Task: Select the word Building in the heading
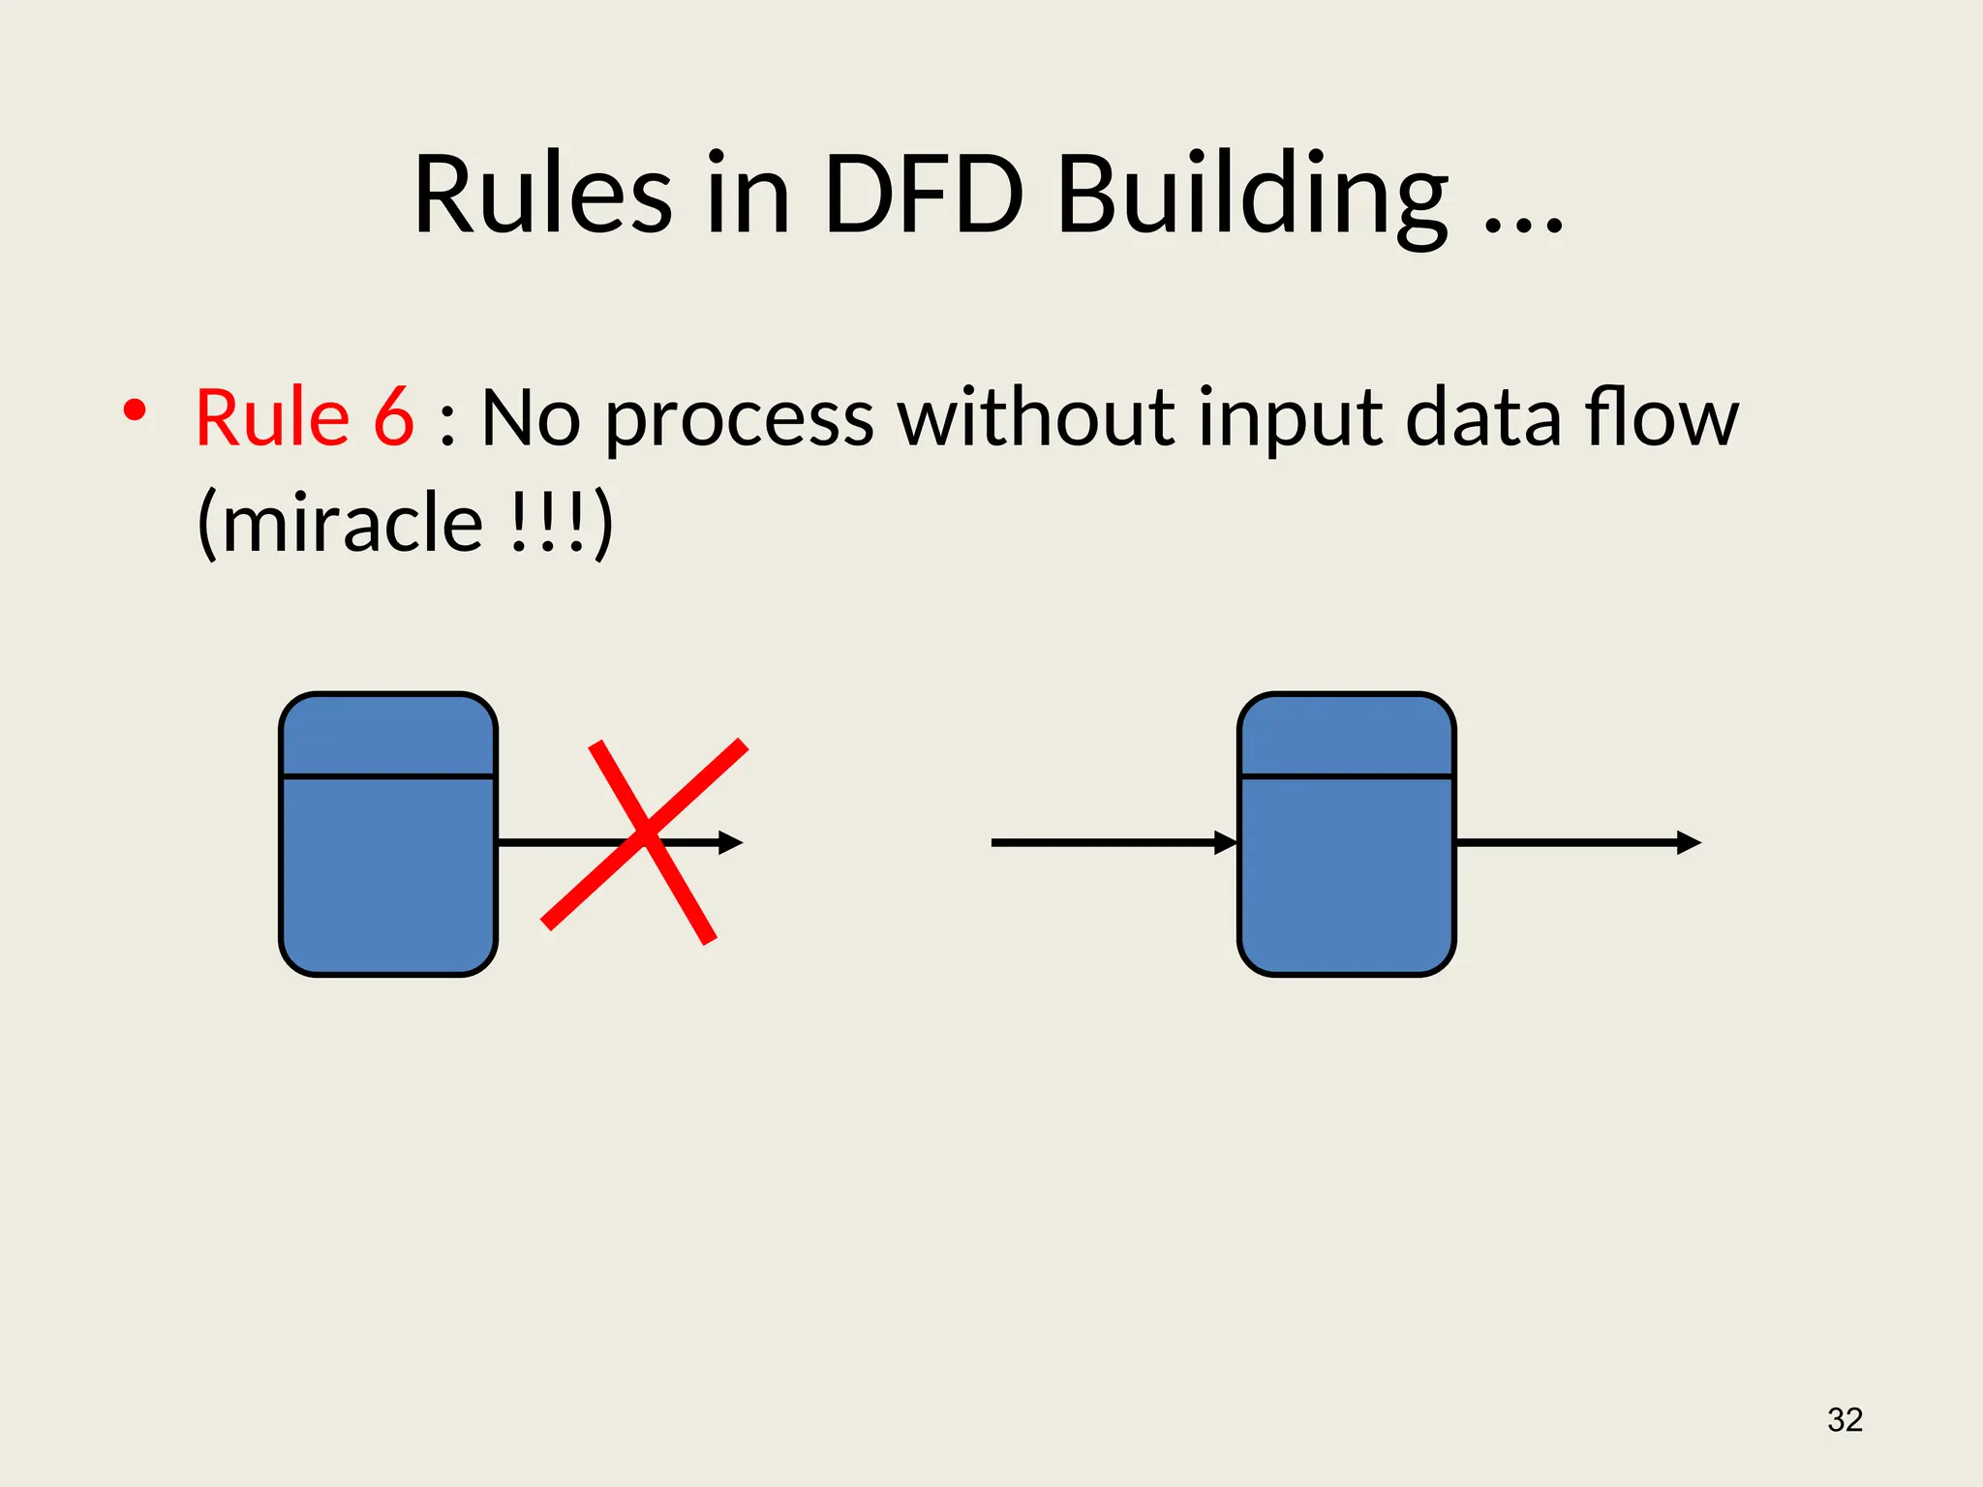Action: click(x=1252, y=198)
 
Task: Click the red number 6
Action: click(x=394, y=417)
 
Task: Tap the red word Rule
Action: click(x=272, y=417)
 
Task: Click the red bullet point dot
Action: click(x=135, y=410)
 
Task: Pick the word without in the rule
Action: click(x=1035, y=417)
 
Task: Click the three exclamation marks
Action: click(x=547, y=523)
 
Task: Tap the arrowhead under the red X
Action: click(x=731, y=843)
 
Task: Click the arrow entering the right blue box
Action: click(x=1114, y=843)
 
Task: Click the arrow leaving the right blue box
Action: click(x=1578, y=843)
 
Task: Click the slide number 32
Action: click(x=1845, y=1419)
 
